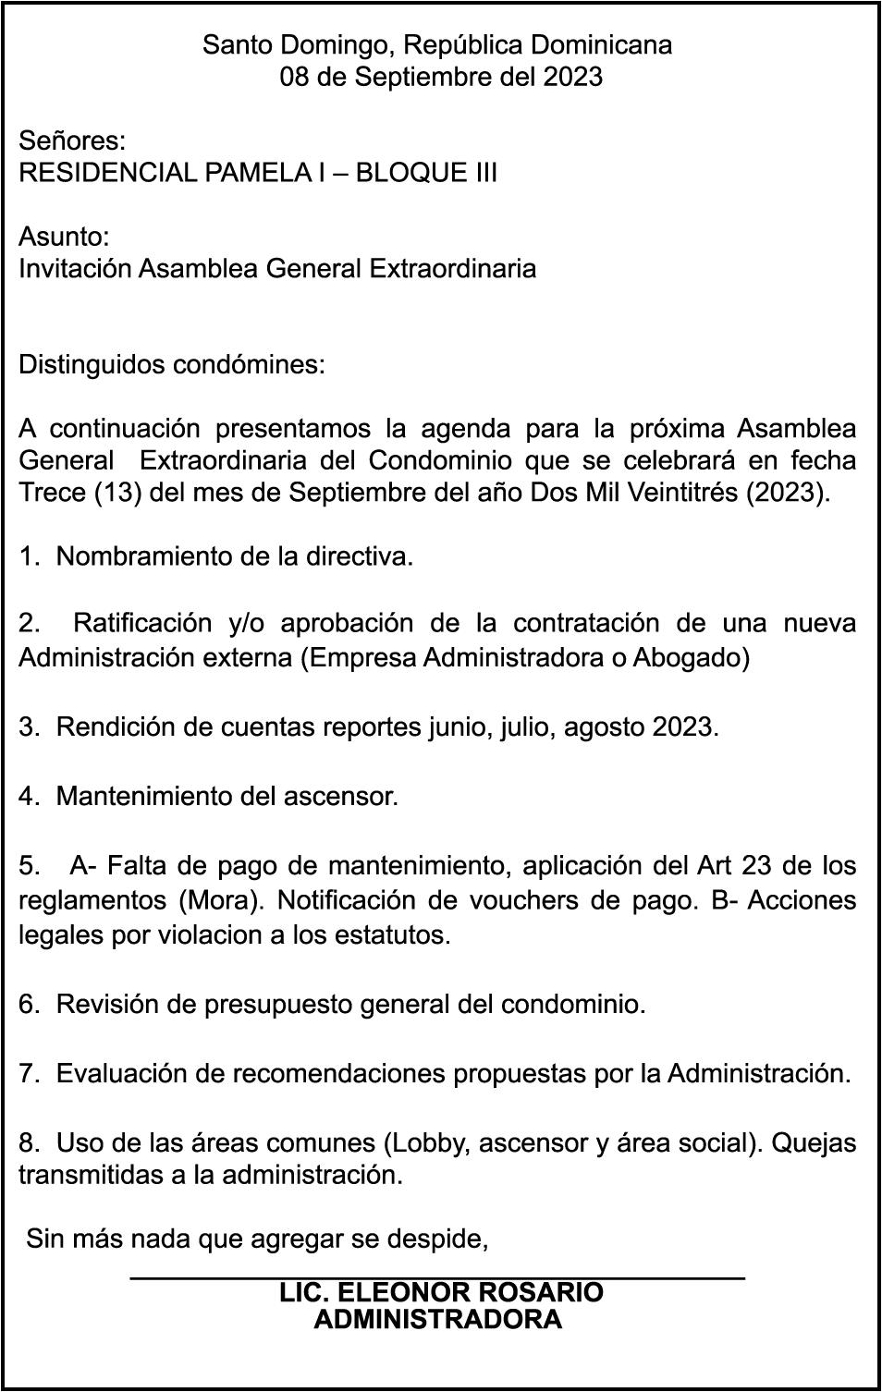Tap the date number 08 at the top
[295, 77]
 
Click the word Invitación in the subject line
[75, 269]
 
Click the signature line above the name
[437, 1277]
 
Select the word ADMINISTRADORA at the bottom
[437, 1319]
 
